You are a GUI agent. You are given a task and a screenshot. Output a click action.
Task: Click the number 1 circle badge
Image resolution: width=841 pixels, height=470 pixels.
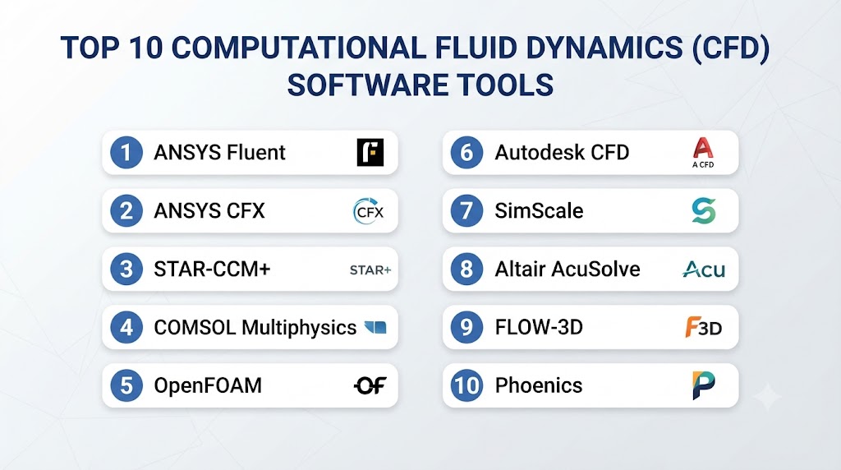126,152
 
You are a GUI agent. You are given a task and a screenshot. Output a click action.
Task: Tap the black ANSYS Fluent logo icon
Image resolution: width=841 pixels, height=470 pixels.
370,152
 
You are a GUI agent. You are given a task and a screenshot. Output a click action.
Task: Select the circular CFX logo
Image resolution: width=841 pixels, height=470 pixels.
369,211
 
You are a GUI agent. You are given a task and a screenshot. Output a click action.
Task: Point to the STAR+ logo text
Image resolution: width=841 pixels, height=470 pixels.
370,270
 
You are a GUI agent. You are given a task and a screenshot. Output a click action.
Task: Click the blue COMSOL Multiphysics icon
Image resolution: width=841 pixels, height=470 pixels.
375,327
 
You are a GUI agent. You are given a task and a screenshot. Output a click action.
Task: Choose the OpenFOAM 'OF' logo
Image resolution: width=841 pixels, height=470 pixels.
370,385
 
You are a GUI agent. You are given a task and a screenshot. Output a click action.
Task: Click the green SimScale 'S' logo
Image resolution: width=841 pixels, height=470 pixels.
703,210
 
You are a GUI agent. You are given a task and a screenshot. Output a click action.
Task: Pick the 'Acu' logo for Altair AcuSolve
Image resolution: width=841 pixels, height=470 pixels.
703,269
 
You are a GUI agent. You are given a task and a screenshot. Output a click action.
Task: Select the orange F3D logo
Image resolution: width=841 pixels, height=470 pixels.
703,327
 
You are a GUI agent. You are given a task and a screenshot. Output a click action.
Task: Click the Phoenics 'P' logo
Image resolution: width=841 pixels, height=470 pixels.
703,385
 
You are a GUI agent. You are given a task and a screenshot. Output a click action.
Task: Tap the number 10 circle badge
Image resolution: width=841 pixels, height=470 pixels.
466,385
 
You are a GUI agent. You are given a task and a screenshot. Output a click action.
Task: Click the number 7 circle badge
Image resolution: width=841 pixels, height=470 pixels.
466,210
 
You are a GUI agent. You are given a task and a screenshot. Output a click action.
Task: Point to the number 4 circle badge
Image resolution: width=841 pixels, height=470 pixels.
126,327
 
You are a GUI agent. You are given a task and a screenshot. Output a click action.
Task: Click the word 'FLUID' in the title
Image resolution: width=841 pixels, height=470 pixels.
477,48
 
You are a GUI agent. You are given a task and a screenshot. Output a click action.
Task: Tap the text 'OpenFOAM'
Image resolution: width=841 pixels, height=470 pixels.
208,385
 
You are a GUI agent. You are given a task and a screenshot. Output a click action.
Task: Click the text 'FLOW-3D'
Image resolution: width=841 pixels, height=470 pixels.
539,327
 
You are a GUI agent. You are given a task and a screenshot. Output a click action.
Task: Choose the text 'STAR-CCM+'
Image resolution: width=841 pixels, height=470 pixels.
212,269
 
